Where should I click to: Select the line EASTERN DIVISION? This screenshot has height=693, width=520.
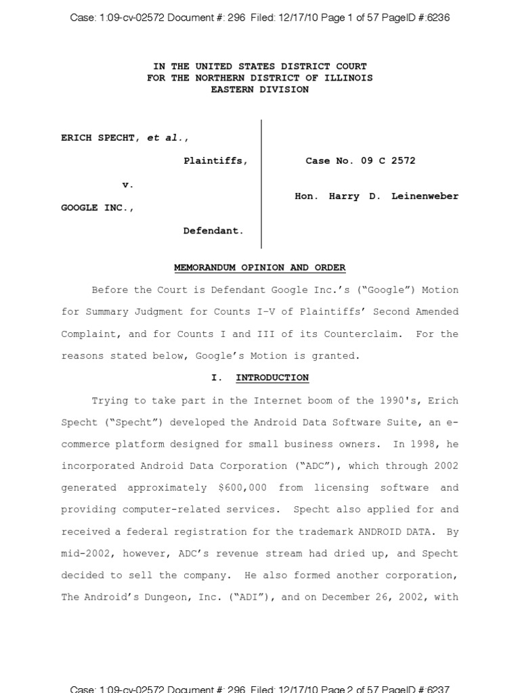click(x=259, y=89)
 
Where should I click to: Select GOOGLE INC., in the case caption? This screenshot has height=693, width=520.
click(x=97, y=208)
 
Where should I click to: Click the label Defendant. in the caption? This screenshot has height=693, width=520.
click(x=213, y=231)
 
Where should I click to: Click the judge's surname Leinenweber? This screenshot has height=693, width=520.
click(x=425, y=196)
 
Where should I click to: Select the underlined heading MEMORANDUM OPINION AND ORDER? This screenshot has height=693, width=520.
click(x=259, y=268)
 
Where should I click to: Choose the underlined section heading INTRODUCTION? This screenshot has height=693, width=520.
click(x=272, y=378)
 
